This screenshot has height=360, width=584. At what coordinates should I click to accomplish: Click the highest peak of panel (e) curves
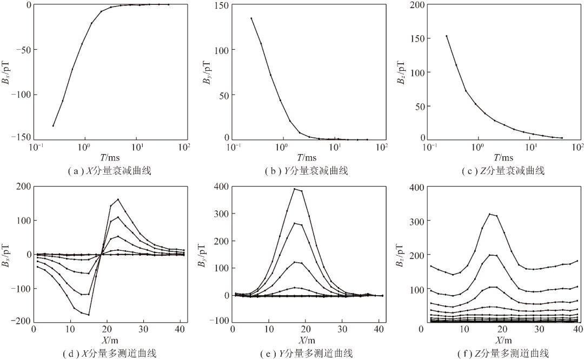coord(295,189)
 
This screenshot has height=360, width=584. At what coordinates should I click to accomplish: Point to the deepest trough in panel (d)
coord(88,315)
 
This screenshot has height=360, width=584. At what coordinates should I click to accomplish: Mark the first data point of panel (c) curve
coord(447,36)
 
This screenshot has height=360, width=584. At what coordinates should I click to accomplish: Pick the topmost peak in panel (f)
coord(489,214)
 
